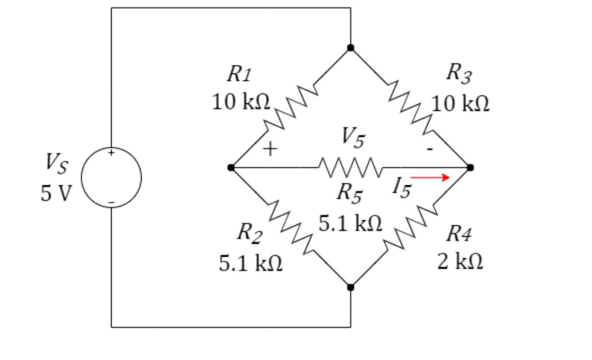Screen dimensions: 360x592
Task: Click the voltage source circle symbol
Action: [x=111, y=178]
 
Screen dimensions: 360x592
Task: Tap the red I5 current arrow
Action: [x=430, y=178]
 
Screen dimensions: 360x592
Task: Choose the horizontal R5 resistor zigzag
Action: [x=351, y=168]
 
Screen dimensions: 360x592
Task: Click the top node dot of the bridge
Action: [x=351, y=48]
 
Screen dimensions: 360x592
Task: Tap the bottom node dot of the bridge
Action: [x=351, y=287]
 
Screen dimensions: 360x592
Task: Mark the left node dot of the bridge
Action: [x=231, y=168]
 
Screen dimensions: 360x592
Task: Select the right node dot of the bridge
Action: [x=470, y=168]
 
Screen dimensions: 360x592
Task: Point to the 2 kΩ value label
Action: [x=460, y=261]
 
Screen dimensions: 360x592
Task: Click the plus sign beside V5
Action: [x=270, y=150]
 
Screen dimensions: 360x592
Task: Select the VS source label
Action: [x=57, y=164]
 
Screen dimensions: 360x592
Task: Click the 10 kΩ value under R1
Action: [x=241, y=102]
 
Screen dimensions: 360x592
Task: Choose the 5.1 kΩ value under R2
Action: [x=251, y=263]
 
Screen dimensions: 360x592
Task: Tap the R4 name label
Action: [x=459, y=234]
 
